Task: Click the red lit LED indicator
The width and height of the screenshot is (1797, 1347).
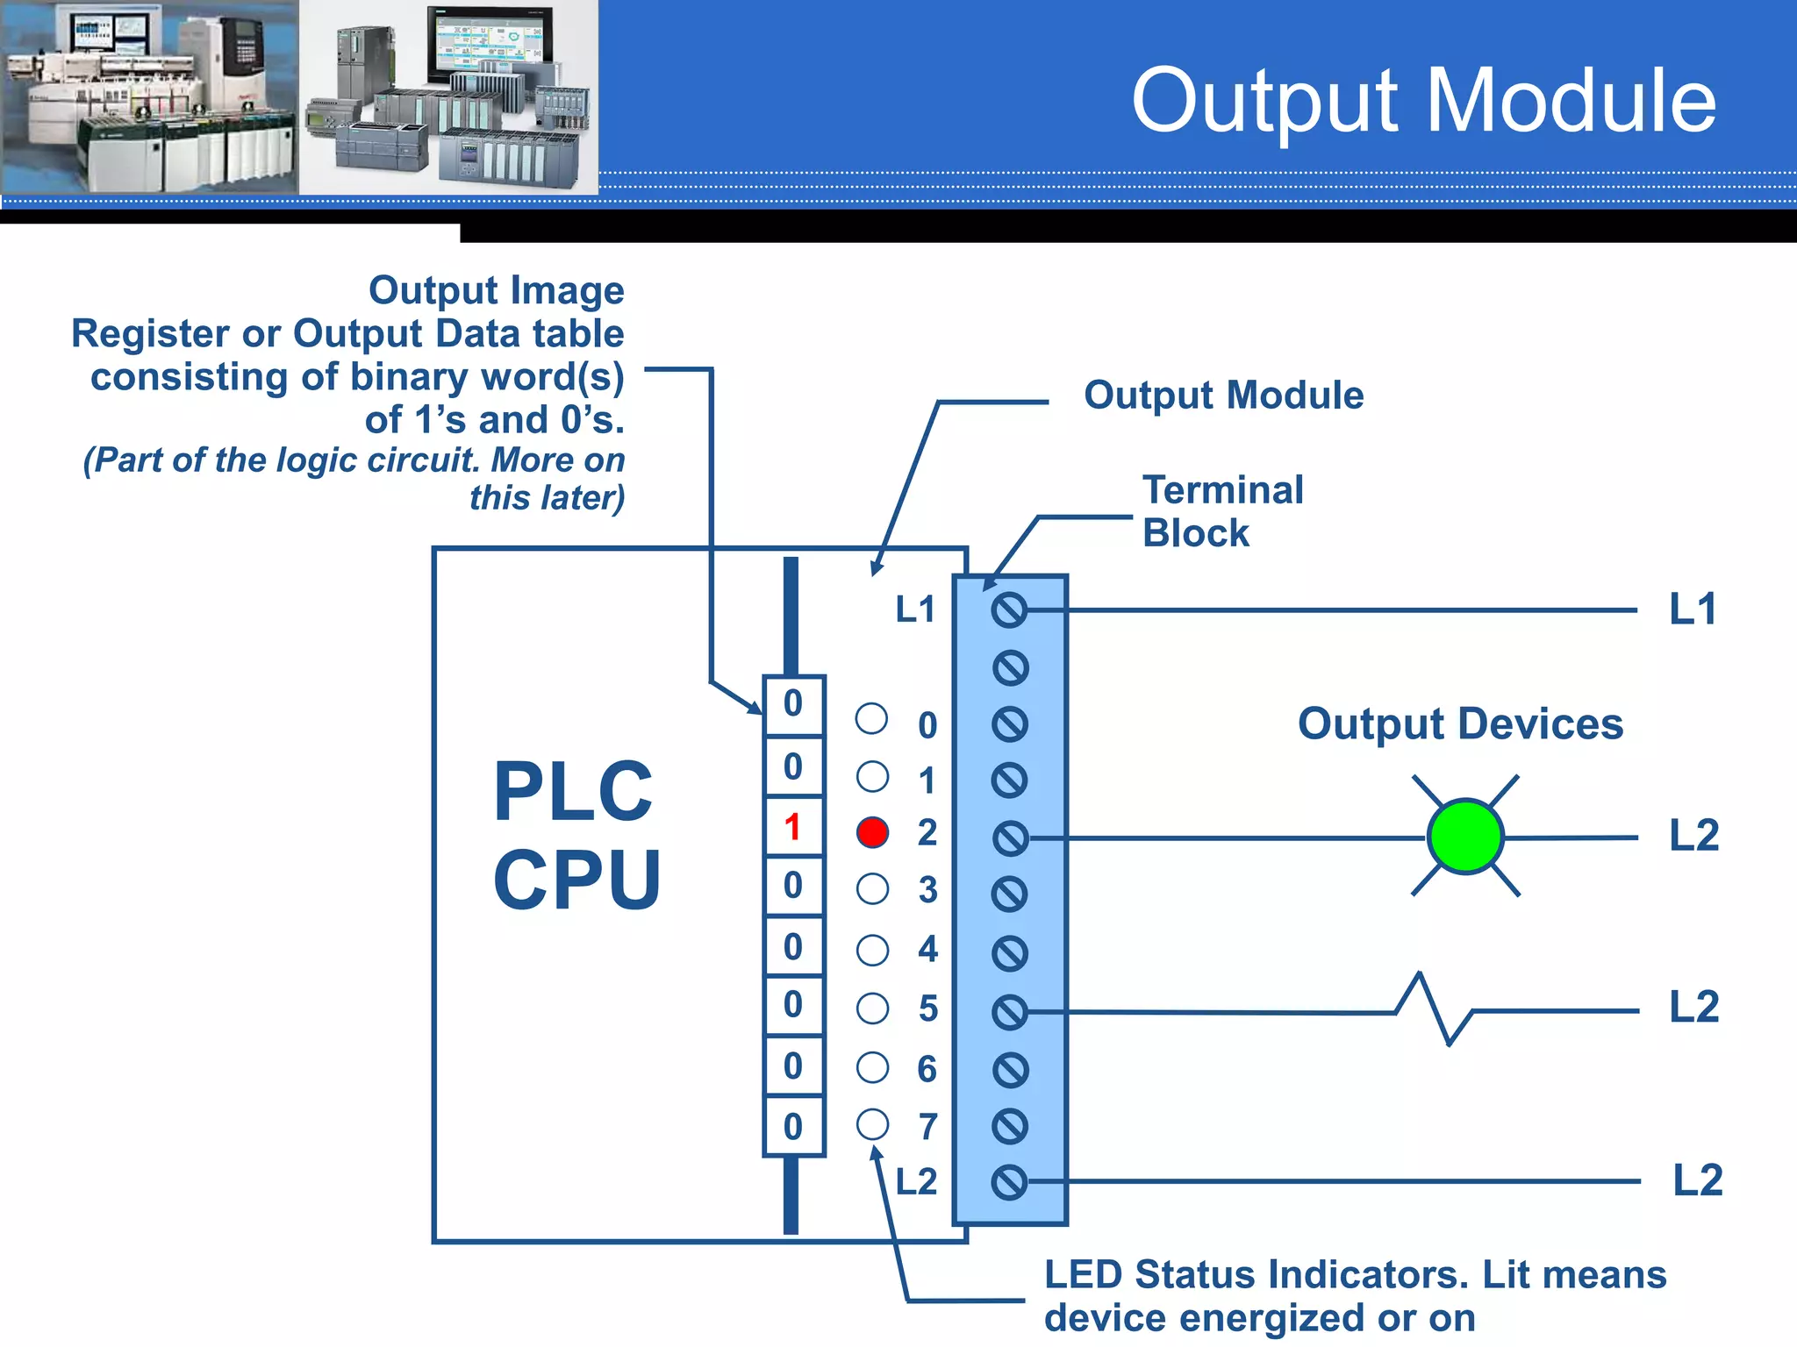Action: (x=872, y=832)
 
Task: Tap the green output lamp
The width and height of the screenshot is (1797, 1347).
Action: (x=1465, y=837)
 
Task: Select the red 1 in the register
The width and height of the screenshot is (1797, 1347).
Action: (x=793, y=827)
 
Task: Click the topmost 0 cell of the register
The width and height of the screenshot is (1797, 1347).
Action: (x=793, y=704)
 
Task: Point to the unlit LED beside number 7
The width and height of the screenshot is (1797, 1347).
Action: (x=872, y=1124)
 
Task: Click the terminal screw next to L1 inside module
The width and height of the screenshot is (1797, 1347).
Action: (x=1009, y=609)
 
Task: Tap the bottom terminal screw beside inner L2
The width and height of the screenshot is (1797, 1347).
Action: (x=1009, y=1182)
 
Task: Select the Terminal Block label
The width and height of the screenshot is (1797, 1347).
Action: (x=1222, y=511)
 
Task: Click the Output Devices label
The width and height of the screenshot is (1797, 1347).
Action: (x=1460, y=724)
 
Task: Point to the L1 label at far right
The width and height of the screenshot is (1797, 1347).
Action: (x=1693, y=609)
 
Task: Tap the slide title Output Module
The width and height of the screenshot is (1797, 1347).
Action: (x=1423, y=102)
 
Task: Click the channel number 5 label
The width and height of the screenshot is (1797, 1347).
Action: (x=927, y=1009)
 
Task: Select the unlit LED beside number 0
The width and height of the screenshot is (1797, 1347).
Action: (x=871, y=719)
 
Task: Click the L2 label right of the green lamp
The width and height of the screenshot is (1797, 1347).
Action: (x=1693, y=836)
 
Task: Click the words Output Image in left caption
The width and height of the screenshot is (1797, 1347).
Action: (x=496, y=291)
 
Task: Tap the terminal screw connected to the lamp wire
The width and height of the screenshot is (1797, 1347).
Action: (x=1010, y=838)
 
